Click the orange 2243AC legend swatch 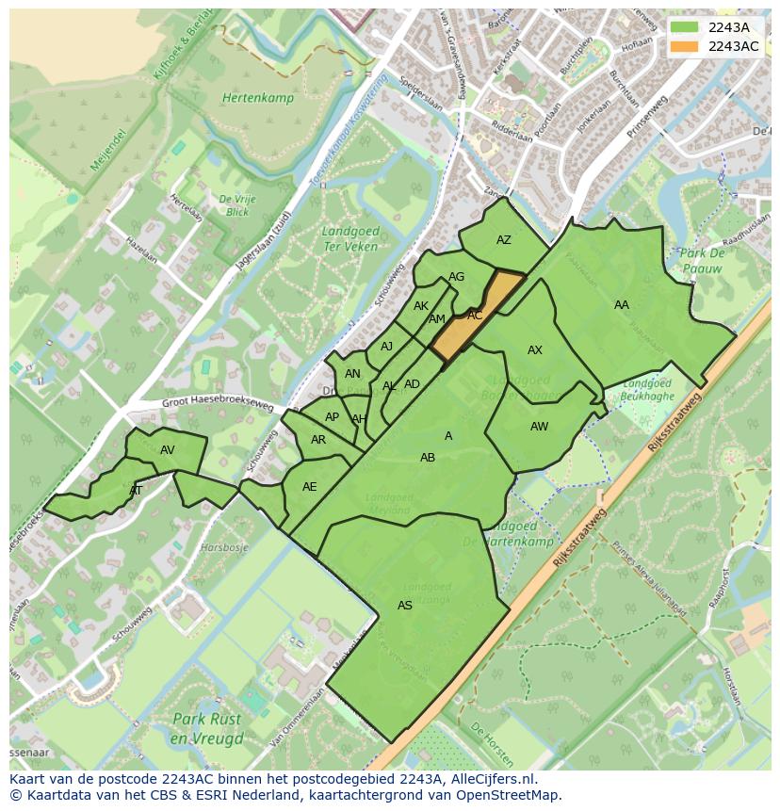pos(686,46)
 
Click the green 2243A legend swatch pos(686,26)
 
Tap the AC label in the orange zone pos(475,316)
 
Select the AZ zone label pos(504,240)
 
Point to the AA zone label pos(622,305)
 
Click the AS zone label pos(405,606)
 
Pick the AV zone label pos(168,450)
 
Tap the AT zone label pos(136,491)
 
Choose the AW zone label pos(539,427)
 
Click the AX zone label pos(535,350)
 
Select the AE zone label pos(310,487)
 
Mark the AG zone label pos(457,277)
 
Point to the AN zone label pos(352,374)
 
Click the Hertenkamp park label pos(258,98)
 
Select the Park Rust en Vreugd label pos(207,728)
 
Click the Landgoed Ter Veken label pos(350,239)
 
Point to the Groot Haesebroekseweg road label pos(218,404)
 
